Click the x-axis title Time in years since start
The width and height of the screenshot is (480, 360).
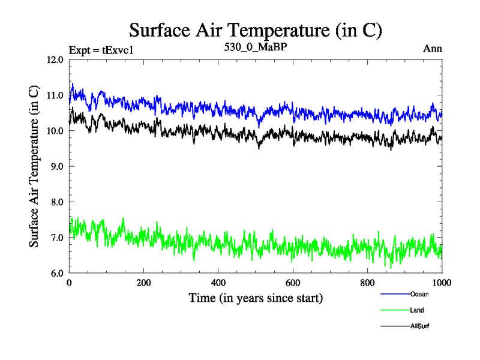[x=256, y=298]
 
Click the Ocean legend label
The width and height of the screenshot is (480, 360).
[x=419, y=294]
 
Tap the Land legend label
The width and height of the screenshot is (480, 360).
[x=418, y=310]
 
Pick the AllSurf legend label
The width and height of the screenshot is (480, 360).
[x=420, y=326]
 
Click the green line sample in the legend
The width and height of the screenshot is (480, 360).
[x=395, y=310]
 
